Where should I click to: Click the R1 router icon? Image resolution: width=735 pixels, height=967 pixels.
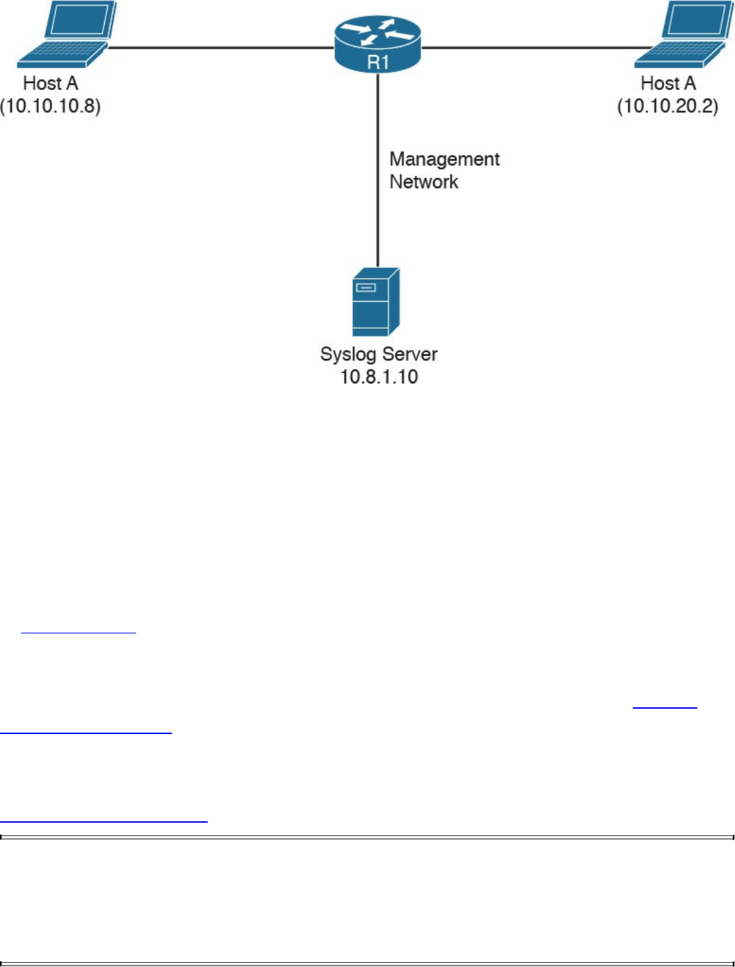[x=378, y=43]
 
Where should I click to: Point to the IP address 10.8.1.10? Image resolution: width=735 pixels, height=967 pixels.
[x=379, y=377]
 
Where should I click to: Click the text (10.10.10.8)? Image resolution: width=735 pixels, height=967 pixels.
[x=51, y=106]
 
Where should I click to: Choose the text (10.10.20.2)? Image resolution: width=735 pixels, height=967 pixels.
[x=667, y=106]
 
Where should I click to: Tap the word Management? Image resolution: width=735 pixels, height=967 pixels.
[x=445, y=160]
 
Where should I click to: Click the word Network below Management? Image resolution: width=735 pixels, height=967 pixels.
[x=423, y=182]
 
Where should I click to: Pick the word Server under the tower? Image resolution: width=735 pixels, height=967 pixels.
[x=409, y=354]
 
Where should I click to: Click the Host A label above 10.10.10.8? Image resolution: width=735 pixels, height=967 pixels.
[x=51, y=84]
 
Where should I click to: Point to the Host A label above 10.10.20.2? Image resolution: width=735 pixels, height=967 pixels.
[x=668, y=84]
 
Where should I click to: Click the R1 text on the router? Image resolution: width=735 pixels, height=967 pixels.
[x=378, y=63]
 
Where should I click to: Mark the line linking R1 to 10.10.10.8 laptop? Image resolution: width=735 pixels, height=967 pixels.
[x=218, y=48]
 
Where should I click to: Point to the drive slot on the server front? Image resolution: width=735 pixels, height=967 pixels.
[x=366, y=287]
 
